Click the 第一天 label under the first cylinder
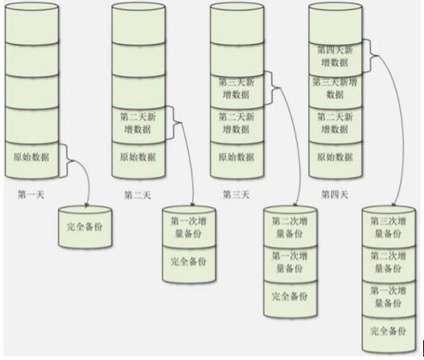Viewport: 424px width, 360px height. point(31,195)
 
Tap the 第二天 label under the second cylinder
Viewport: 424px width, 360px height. point(137,195)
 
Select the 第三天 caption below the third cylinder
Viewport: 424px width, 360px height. point(236,195)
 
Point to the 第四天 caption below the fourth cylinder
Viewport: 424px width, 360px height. point(335,195)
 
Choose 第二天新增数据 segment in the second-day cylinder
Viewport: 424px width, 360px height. point(138,124)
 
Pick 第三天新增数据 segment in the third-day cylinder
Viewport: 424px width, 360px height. point(237,89)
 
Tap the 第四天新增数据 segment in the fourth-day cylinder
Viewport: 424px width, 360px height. point(336,57)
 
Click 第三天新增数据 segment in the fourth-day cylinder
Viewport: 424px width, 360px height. point(336,88)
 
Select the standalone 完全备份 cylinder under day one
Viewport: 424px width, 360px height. point(85,227)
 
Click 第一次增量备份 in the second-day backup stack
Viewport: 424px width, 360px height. point(189,228)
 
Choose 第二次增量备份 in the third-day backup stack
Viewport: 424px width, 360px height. point(290,228)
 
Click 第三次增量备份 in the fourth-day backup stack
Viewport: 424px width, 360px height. point(388,228)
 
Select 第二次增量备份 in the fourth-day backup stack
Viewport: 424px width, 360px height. point(388,262)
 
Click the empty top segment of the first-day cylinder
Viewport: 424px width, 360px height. point(32,24)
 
